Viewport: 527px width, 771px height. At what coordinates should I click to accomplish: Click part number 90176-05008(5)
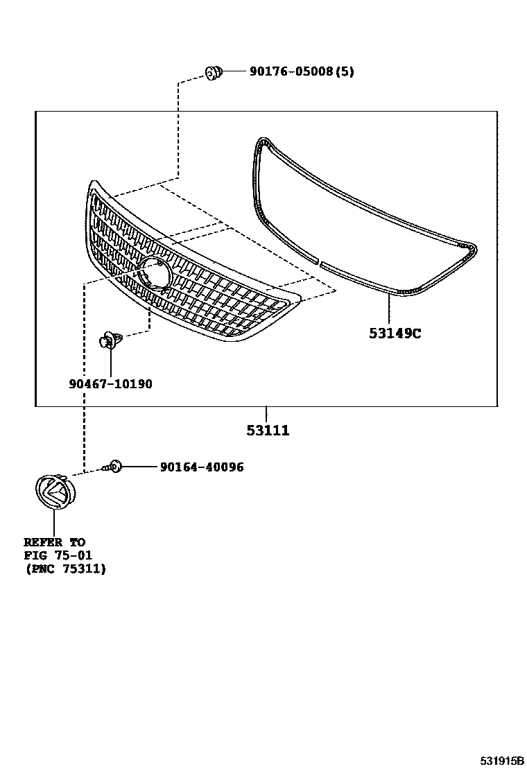click(302, 71)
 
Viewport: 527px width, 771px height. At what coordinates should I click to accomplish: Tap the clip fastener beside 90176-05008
click(214, 71)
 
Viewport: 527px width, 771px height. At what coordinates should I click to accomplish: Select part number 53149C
click(395, 333)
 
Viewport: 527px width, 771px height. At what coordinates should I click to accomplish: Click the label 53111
click(268, 431)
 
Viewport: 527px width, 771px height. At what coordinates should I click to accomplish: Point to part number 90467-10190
click(110, 383)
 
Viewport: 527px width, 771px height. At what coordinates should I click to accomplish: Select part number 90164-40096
click(201, 467)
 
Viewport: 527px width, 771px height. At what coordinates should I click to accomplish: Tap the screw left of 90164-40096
click(112, 467)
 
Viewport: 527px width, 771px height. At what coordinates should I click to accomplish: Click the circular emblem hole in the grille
click(155, 272)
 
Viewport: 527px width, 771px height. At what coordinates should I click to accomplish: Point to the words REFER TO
click(54, 542)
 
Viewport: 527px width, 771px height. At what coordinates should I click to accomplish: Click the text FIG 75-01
click(58, 555)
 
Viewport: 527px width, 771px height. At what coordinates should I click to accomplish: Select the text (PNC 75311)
click(65, 569)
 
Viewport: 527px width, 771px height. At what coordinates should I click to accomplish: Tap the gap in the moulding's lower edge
click(319, 262)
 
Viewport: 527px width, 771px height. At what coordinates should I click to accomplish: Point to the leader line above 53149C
click(390, 309)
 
